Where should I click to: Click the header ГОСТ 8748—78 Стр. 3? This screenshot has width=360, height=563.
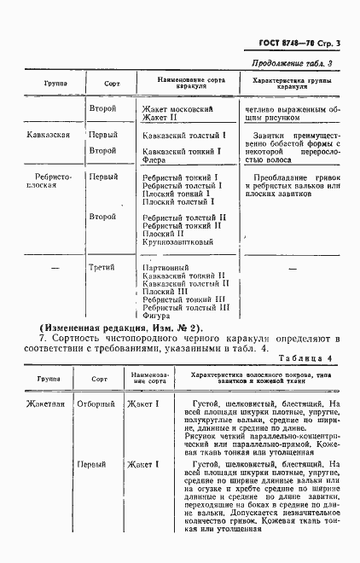tap(298, 43)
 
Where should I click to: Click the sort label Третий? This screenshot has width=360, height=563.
tap(103, 268)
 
